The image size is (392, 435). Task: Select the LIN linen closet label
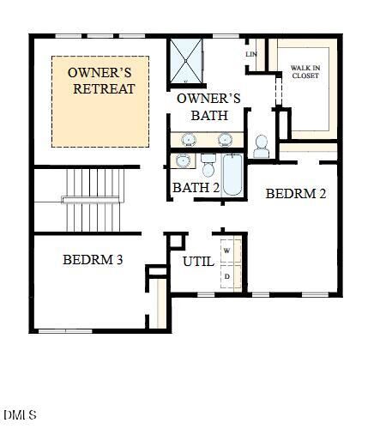(251, 54)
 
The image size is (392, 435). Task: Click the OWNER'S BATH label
(208, 106)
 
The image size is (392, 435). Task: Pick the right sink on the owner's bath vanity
(226, 138)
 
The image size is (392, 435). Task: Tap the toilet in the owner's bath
(262, 146)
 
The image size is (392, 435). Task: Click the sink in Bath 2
(183, 161)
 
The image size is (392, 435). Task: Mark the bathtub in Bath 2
(232, 175)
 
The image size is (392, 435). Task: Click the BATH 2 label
(196, 188)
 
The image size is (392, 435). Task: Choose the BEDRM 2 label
(295, 194)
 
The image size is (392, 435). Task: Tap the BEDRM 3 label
(93, 258)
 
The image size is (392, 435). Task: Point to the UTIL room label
(198, 262)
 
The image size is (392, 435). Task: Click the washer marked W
(227, 250)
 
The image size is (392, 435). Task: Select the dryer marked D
(227, 277)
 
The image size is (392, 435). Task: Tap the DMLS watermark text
(20, 415)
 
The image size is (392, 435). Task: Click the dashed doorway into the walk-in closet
(276, 88)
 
